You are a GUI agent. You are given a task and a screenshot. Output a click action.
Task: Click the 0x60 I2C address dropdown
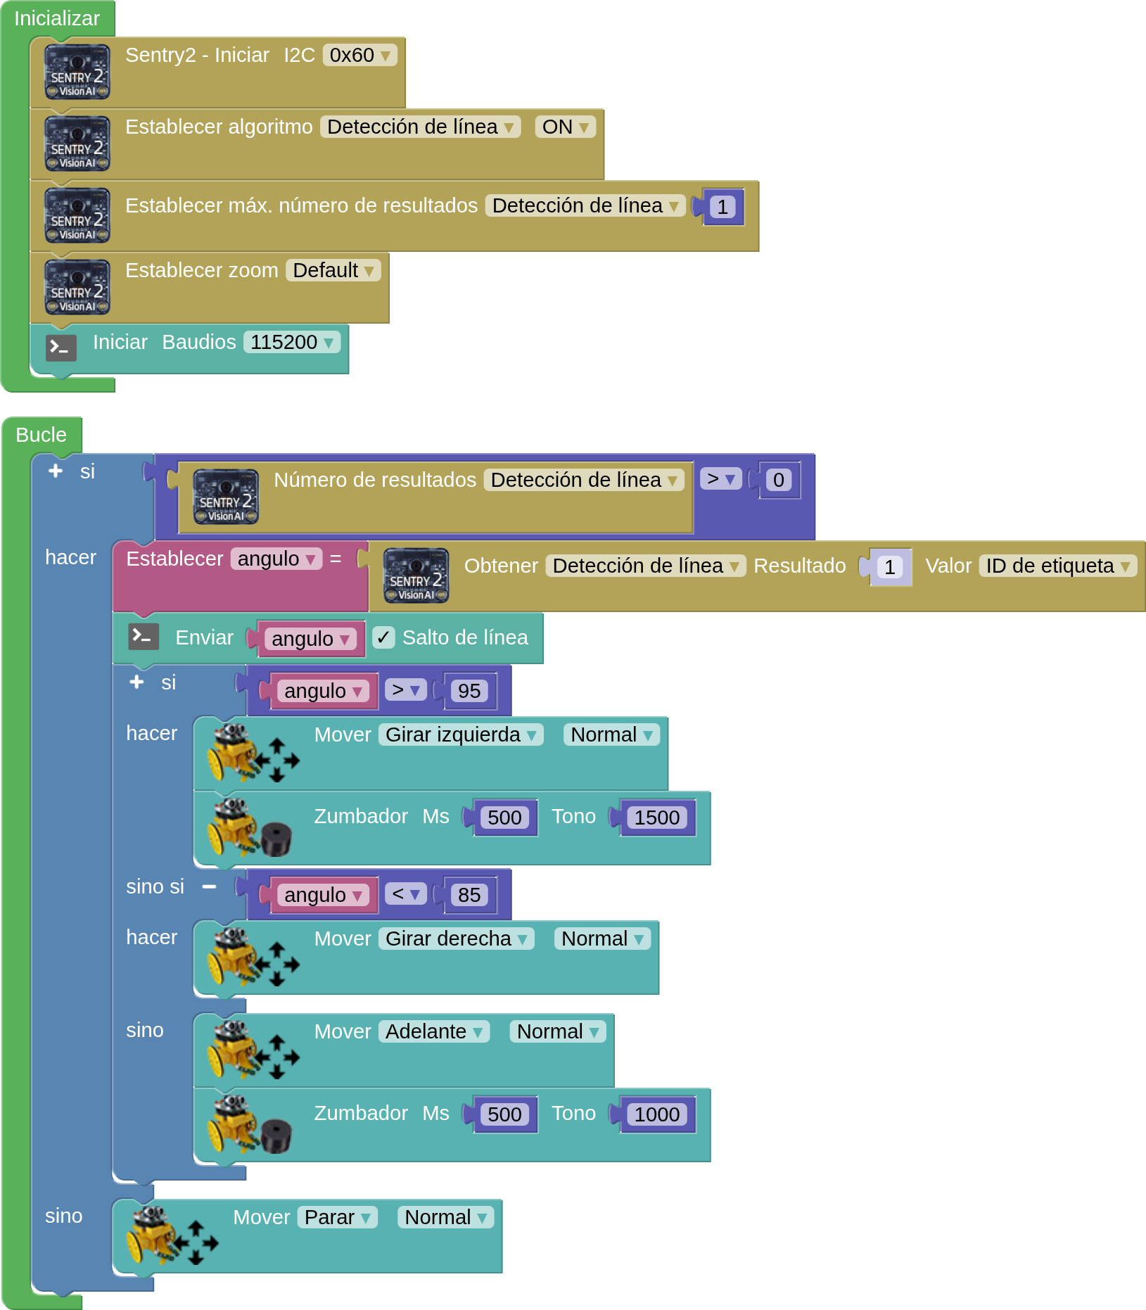[x=359, y=55]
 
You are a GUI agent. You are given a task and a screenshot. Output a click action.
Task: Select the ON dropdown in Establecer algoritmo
[x=565, y=127]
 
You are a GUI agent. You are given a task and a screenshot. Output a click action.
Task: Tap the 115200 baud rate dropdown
[x=291, y=342]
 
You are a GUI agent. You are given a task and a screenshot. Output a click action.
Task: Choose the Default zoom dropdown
[x=333, y=270]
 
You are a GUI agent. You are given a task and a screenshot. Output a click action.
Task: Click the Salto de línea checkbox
[x=383, y=637]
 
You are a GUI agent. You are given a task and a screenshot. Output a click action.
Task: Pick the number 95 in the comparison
[x=469, y=691]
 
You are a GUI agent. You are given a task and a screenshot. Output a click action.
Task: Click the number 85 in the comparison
[x=469, y=895]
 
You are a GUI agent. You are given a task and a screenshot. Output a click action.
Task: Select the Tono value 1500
[x=656, y=818]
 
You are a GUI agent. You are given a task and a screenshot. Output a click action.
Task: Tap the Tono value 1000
[x=656, y=1114]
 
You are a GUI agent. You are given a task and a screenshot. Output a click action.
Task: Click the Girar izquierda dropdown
[x=461, y=735]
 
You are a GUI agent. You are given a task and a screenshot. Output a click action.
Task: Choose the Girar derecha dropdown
[x=456, y=939]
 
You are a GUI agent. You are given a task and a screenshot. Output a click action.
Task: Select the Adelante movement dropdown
[x=433, y=1031]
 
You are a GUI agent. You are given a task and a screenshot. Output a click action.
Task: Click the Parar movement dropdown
[x=337, y=1217]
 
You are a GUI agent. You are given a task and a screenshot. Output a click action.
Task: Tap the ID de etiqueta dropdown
[x=1057, y=566]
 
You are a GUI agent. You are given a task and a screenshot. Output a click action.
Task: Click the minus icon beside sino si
[x=209, y=886]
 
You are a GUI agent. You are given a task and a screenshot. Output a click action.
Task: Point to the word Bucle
[x=41, y=435]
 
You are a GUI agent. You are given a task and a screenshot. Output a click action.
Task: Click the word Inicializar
[x=57, y=18]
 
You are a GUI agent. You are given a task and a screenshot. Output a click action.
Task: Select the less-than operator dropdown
[x=405, y=894]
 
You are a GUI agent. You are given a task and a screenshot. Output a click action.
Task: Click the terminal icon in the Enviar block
[x=143, y=637]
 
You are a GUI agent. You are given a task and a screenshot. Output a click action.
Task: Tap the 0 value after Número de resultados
[x=778, y=480]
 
